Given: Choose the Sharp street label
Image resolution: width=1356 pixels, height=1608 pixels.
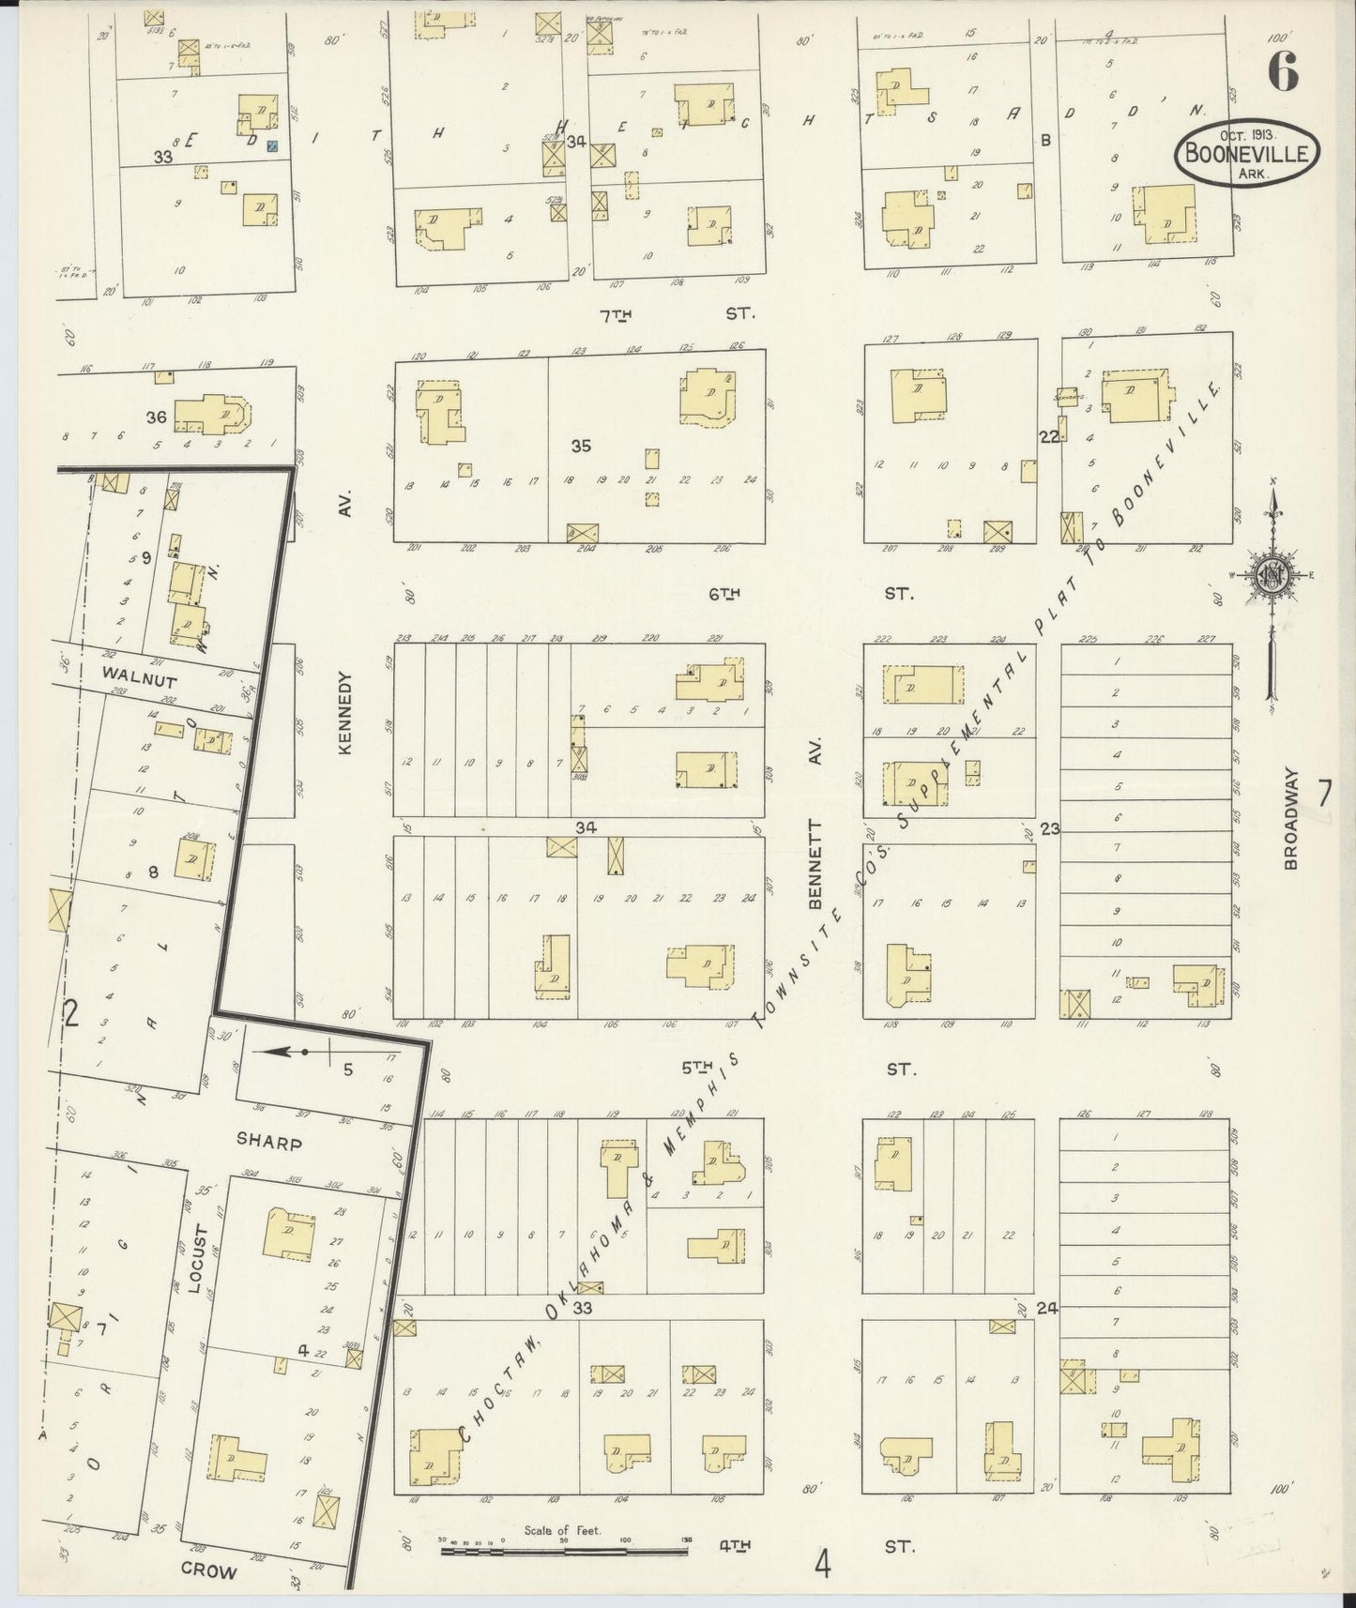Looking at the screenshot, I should [268, 1144].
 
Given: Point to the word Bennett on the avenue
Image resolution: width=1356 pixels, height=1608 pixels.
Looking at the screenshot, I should [815, 866].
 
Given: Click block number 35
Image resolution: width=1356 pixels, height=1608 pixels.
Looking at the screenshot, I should [581, 447].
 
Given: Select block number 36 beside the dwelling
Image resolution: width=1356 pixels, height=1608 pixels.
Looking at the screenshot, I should [156, 417].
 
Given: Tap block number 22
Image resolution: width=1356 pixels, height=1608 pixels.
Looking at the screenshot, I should [1048, 436].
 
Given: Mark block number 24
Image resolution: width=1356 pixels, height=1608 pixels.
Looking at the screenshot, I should [1046, 1307].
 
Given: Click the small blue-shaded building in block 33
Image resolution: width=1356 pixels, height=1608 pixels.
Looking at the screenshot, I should [272, 146].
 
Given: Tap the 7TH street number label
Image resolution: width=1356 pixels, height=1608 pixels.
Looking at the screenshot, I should [616, 315].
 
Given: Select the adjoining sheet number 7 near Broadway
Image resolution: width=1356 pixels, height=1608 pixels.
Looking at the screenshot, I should [1323, 794].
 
